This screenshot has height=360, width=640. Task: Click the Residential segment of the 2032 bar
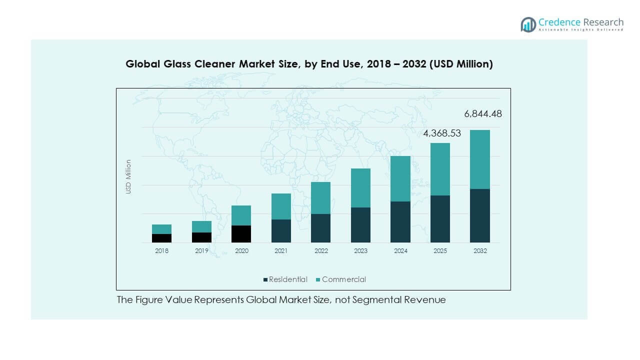point(479,215)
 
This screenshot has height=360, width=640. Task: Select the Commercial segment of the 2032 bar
point(479,159)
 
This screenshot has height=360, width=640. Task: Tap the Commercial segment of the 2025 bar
point(440,169)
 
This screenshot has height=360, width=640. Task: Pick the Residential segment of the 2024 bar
point(400,222)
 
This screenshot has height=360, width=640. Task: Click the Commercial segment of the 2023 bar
point(360,188)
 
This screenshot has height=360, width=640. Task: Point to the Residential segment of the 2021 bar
point(281,231)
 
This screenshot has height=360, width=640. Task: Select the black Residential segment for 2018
point(161,238)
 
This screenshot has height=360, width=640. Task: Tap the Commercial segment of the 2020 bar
point(241,215)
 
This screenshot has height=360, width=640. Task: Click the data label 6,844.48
point(482,114)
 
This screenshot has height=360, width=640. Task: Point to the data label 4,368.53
point(442,133)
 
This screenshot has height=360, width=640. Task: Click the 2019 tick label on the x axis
point(201,251)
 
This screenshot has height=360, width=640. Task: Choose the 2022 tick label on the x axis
point(321,251)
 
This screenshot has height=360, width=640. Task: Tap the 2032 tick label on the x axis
point(479,251)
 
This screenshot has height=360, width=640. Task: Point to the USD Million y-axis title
point(128,176)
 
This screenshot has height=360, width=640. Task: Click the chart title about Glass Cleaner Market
point(309,64)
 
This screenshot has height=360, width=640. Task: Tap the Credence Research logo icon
point(528,24)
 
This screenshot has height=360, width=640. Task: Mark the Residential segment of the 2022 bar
point(321,228)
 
